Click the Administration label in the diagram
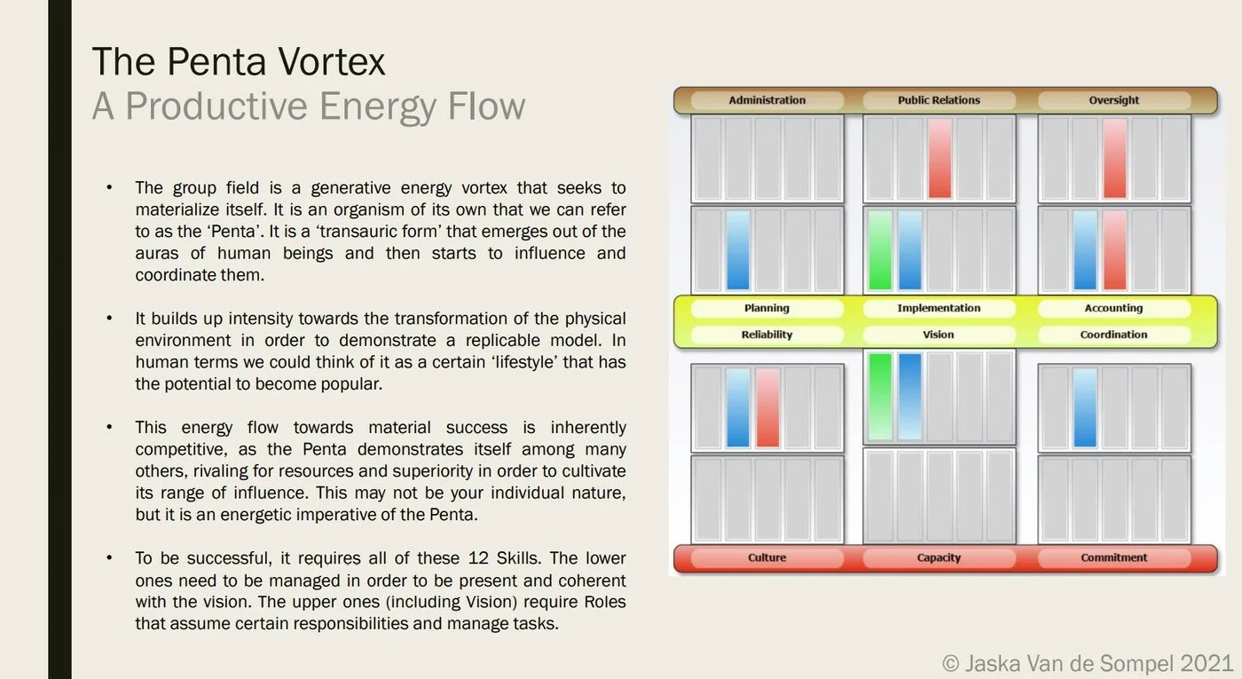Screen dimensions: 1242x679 click(x=766, y=100)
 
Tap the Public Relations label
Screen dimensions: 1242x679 click(x=939, y=100)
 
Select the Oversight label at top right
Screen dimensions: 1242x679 click(x=1113, y=100)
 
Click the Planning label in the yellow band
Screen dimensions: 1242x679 click(x=766, y=308)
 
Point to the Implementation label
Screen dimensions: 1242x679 click(x=939, y=308)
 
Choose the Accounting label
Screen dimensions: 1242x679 click(x=1113, y=308)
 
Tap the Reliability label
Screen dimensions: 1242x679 click(x=766, y=335)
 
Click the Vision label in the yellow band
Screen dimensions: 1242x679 click(x=939, y=335)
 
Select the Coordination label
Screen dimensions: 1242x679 click(x=1113, y=335)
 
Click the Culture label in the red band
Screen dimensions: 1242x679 click(x=766, y=557)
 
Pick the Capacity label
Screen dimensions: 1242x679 click(x=939, y=557)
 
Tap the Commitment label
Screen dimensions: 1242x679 click(x=1113, y=557)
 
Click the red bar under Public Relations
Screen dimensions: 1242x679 click(x=939, y=159)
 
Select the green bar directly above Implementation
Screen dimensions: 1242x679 click(x=880, y=250)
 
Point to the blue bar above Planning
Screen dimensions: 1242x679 click(x=738, y=250)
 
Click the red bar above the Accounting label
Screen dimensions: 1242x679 click(x=1114, y=250)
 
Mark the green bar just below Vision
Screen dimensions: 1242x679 click(x=880, y=397)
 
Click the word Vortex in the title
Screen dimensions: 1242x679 click(x=331, y=61)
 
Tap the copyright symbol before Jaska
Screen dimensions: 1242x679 click(x=950, y=664)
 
